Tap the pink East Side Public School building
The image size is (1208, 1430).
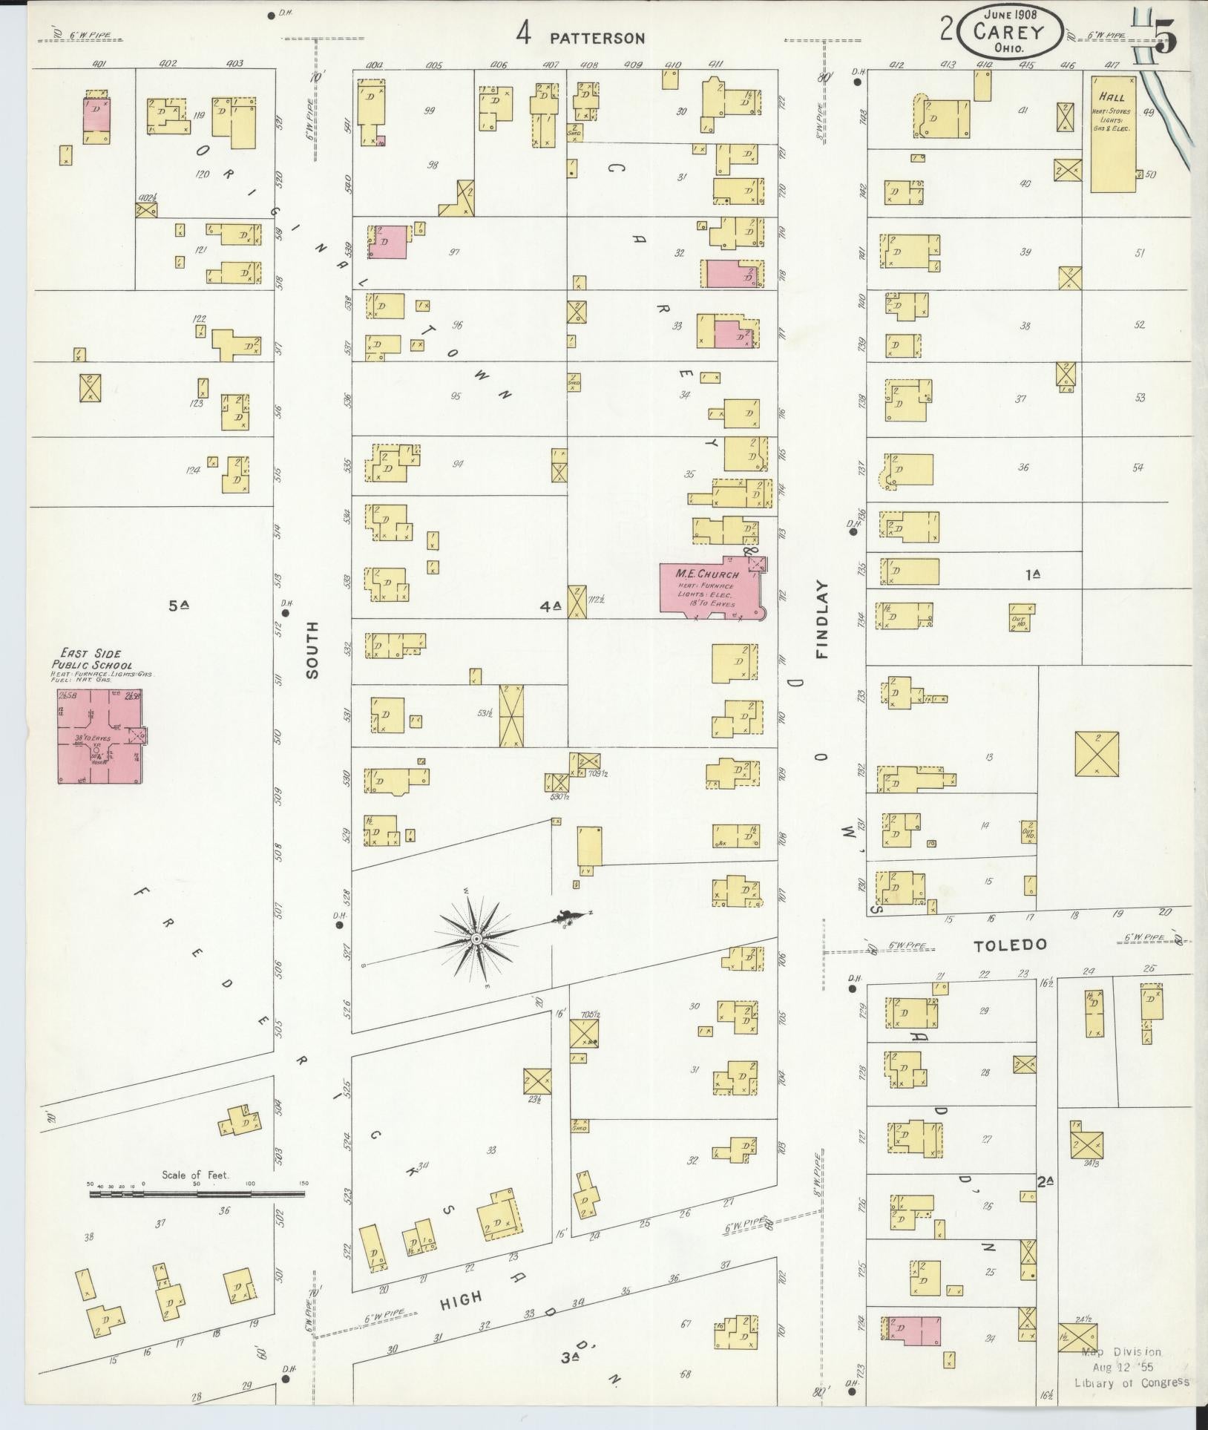click(100, 735)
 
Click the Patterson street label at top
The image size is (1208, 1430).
click(597, 38)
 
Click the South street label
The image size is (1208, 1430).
click(311, 649)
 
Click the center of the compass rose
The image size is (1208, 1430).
click(477, 940)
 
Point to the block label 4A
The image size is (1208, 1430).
click(550, 606)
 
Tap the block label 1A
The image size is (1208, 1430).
click(1033, 574)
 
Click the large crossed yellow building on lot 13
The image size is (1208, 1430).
click(1097, 754)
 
